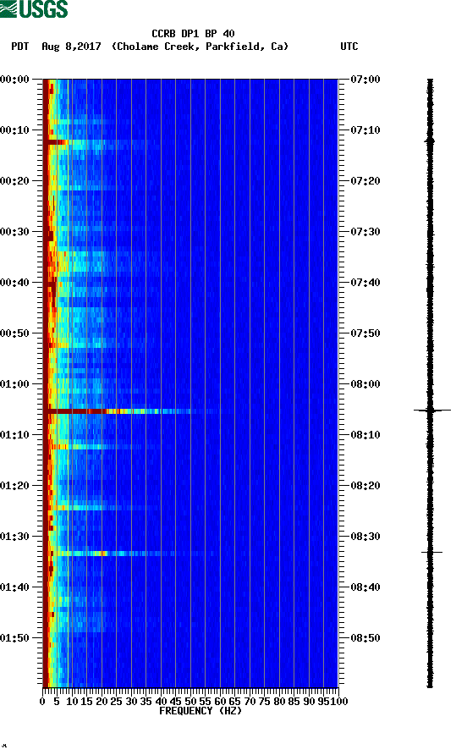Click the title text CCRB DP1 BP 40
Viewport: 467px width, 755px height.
tap(193, 34)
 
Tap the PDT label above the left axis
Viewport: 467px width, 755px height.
tap(20, 47)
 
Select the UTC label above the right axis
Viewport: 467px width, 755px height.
tap(349, 47)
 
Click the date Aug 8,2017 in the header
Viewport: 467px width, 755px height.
tap(71, 47)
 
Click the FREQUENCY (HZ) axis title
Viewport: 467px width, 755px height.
tap(200, 711)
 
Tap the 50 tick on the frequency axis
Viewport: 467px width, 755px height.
tap(191, 701)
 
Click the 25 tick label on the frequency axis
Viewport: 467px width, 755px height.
tap(117, 701)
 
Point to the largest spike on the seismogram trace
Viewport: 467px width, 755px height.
tap(431, 410)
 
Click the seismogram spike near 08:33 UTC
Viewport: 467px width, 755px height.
tap(431, 552)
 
